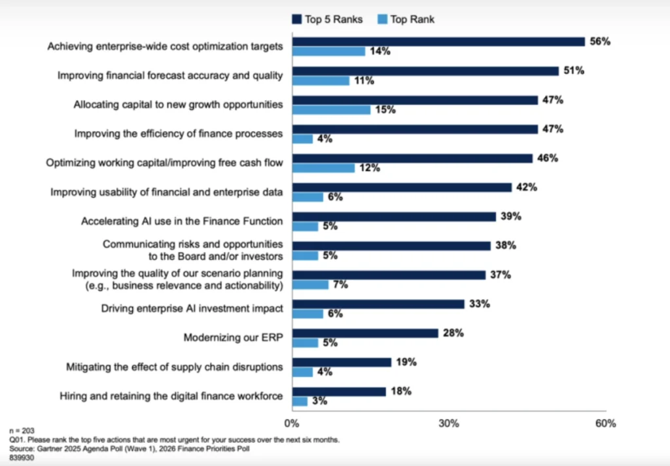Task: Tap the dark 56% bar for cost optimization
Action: pyautogui.click(x=438, y=41)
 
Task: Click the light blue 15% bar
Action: pyautogui.click(x=331, y=110)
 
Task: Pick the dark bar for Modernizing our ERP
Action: pyautogui.click(x=365, y=333)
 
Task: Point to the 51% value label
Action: pyautogui.click(x=574, y=71)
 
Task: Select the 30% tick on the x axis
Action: pyautogui.click(x=448, y=423)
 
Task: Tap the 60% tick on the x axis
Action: pyautogui.click(x=605, y=423)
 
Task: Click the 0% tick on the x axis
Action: pyautogui.click(x=292, y=423)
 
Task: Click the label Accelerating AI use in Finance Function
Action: pyautogui.click(x=182, y=221)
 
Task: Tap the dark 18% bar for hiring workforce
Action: pyautogui.click(x=339, y=391)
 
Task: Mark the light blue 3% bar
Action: pyautogui.click(x=300, y=401)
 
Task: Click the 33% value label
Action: pyautogui.click(x=480, y=304)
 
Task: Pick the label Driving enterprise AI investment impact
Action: pyautogui.click(x=192, y=308)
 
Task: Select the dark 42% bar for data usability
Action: pyautogui.click(x=402, y=187)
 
